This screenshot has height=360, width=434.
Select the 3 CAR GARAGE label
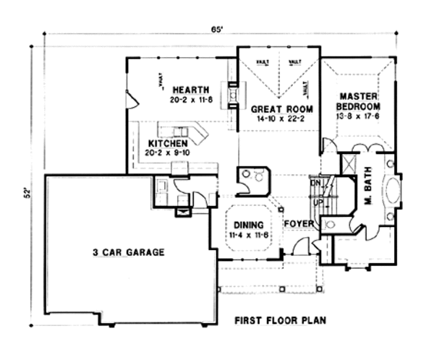128,252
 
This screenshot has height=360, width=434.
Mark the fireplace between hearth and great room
234,94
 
